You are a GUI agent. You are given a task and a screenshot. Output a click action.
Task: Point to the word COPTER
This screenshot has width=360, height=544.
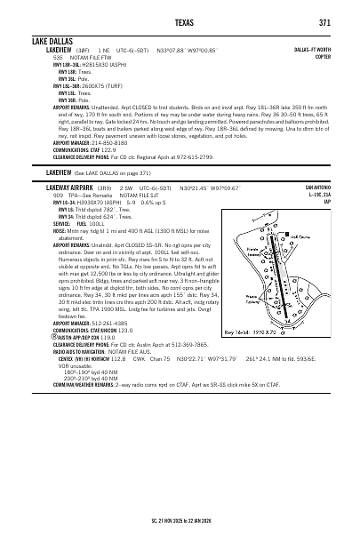click(x=324, y=56)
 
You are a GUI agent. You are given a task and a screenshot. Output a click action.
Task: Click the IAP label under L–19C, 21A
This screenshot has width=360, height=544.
click(x=327, y=202)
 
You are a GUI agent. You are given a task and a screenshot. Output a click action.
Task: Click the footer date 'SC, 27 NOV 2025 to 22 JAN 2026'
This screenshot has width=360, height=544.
click(x=180, y=516)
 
